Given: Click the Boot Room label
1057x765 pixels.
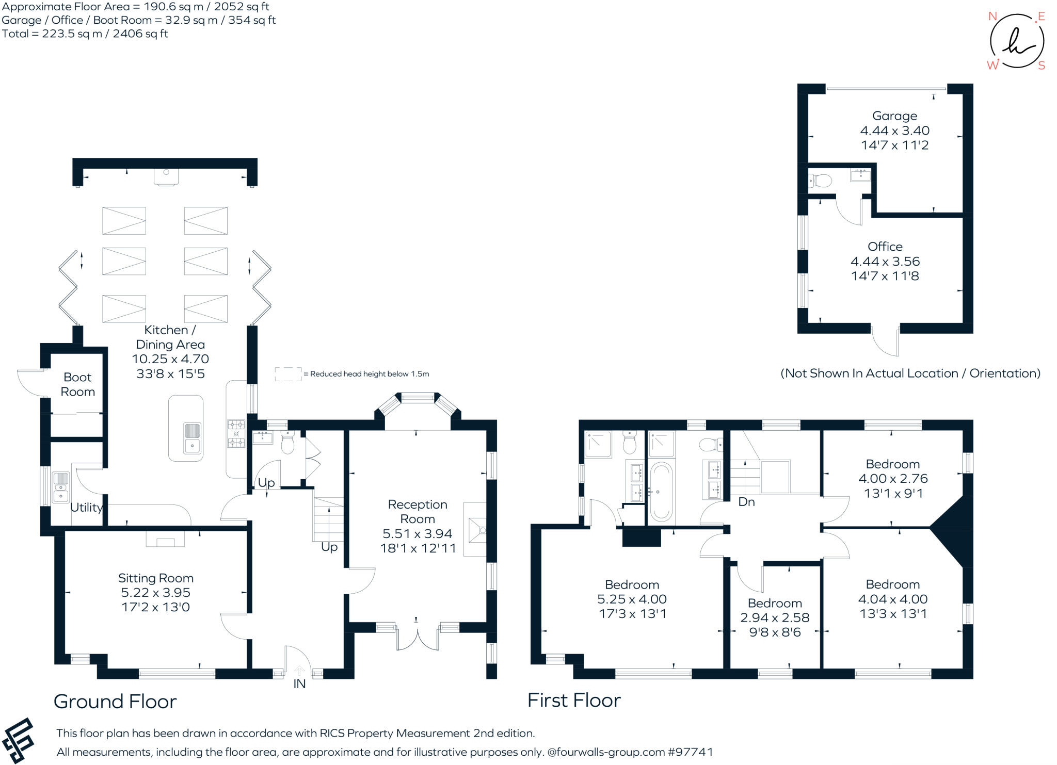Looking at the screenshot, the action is pyautogui.click(x=78, y=384).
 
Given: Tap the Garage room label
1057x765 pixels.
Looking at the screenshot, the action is pyautogui.click(x=895, y=116).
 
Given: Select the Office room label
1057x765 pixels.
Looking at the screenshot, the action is pyautogui.click(x=885, y=247).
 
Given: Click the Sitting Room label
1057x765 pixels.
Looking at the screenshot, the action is pyautogui.click(x=156, y=578).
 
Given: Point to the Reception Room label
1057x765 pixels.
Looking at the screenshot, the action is pyautogui.click(x=418, y=512).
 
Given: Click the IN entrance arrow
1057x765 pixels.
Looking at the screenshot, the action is pyautogui.click(x=299, y=671).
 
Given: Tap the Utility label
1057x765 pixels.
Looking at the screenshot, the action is pyautogui.click(x=86, y=508).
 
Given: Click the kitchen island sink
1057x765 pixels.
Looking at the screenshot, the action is pyautogui.click(x=192, y=437).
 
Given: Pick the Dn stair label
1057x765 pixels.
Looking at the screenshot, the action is pyautogui.click(x=746, y=502).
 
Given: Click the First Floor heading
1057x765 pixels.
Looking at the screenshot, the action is pyautogui.click(x=574, y=700).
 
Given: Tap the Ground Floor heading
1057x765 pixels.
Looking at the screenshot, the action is pyautogui.click(x=115, y=702).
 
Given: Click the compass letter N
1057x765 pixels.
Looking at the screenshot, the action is pyautogui.click(x=992, y=16).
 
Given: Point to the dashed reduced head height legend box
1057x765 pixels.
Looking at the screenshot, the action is pyautogui.click(x=288, y=374).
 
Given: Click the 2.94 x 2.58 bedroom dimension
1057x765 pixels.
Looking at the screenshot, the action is pyautogui.click(x=775, y=617).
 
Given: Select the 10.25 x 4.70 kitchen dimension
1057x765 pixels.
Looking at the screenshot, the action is pyautogui.click(x=170, y=359).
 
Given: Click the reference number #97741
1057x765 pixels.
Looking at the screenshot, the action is pyautogui.click(x=690, y=752).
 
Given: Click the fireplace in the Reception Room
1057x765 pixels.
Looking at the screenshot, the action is pyautogui.click(x=475, y=529).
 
